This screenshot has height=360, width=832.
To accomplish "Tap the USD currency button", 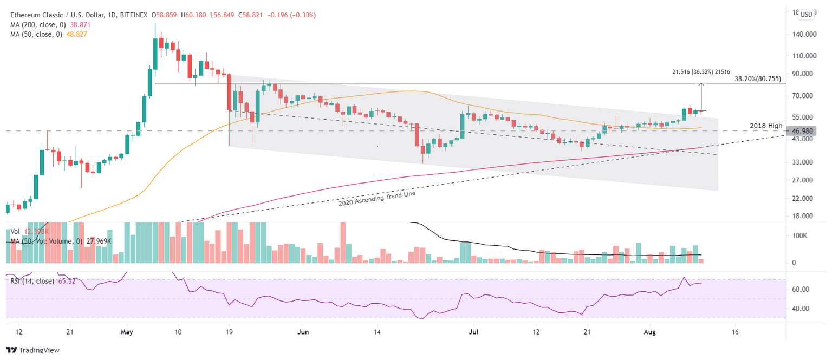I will (x=806, y=15).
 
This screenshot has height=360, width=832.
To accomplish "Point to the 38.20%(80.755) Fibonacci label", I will (x=758, y=78).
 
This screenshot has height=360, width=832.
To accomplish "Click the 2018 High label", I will (x=766, y=126).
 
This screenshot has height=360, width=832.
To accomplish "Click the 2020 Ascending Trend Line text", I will (x=377, y=198).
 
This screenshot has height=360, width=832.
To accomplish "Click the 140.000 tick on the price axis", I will (x=803, y=34).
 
